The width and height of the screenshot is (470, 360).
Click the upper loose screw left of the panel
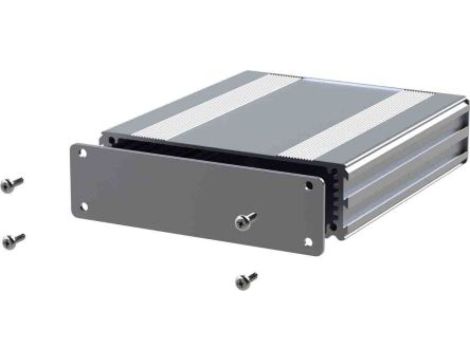[x=13, y=183]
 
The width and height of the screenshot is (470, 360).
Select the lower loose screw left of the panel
[x=14, y=239]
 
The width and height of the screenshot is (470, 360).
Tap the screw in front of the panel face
[x=245, y=218]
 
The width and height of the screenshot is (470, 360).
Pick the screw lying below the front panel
[x=245, y=280]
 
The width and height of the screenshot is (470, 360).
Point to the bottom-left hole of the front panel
[x=84, y=207]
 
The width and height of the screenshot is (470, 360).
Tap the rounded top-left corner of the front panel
[x=74, y=146]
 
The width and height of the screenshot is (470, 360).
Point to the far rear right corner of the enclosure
[x=462, y=100]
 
